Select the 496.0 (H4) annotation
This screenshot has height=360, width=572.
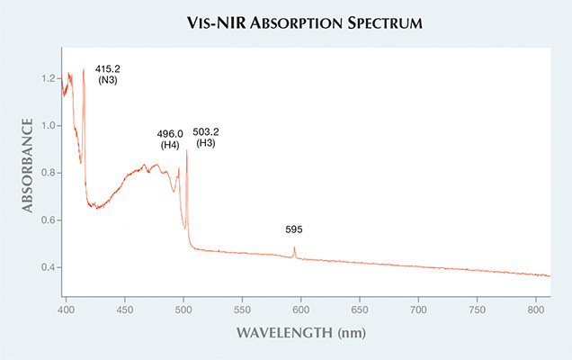[x=170, y=139]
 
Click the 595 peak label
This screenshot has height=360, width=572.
[x=294, y=229]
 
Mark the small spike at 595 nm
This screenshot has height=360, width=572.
[x=294, y=249]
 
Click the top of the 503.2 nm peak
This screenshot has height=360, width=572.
[x=186, y=151]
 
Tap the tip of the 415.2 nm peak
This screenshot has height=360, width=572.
[x=84, y=69]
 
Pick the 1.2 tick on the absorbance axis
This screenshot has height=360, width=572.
[x=47, y=78]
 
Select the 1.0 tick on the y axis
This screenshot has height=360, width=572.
[x=47, y=126]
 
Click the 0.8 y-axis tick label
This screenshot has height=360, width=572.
[x=47, y=173]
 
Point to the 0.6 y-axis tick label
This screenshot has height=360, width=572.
[x=47, y=220]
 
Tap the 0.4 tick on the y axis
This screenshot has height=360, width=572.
[x=47, y=267]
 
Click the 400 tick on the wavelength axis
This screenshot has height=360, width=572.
[x=66, y=308]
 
